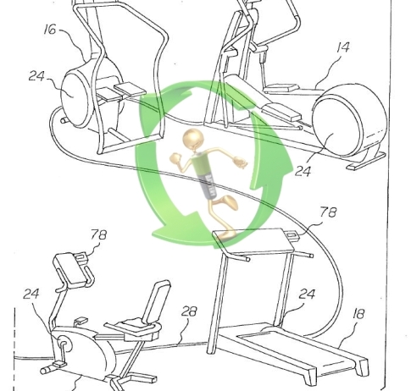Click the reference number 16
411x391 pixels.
pyautogui.click(x=50, y=30)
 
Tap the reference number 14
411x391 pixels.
pyautogui.click(x=343, y=47)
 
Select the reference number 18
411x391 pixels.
pyautogui.click(x=358, y=314)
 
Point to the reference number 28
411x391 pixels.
pyautogui.click(x=189, y=311)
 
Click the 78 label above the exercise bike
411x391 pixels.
pyautogui.click(x=99, y=234)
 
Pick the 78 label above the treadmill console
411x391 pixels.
pyautogui.click(x=328, y=212)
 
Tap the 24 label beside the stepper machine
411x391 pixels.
pyautogui.click(x=36, y=76)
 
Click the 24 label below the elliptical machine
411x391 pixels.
pyautogui.click(x=303, y=171)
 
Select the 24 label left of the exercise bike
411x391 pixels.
pyautogui.click(x=31, y=294)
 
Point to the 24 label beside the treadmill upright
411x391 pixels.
pyautogui.click(x=307, y=294)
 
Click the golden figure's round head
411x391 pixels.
pyautogui.click(x=193, y=139)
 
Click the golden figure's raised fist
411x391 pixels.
pyautogui.click(x=175, y=158)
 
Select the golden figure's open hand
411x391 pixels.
pyautogui.click(x=240, y=162)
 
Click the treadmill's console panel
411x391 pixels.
pyautogui.click(x=253, y=240)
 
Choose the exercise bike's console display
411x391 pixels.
pyautogui.click(x=71, y=269)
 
